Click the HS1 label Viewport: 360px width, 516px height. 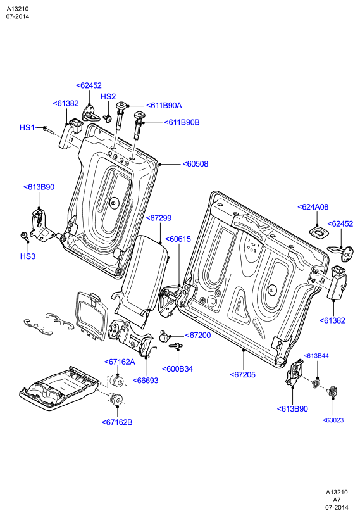pos(27,127)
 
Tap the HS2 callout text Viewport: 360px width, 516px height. pos(108,96)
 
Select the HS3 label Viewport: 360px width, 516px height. pos(28,256)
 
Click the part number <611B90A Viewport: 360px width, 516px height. pos(164,106)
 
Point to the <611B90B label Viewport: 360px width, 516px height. pos(182,122)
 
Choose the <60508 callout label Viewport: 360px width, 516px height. pos(196,164)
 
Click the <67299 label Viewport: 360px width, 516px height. pos(158,218)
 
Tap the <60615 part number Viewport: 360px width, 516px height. pos(178,239)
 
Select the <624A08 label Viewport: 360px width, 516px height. pos(313,207)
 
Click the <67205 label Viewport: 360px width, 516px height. pos(242,374)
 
